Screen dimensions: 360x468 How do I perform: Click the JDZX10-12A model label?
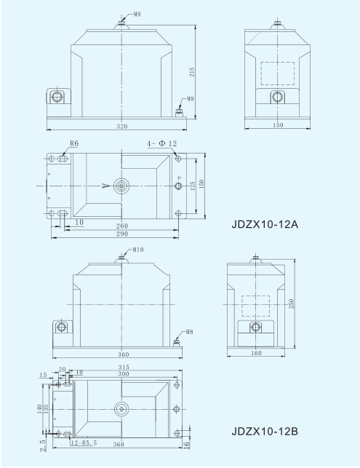tap(265, 224)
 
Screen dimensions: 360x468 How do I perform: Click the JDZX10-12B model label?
tap(265, 432)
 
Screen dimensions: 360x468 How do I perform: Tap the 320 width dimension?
tap(122, 126)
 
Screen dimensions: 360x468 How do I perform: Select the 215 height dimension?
tap(193, 72)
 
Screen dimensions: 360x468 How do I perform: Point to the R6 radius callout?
tap(74, 143)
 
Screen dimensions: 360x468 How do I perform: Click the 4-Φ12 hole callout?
tap(161, 143)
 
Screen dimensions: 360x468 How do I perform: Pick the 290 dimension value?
tap(122, 234)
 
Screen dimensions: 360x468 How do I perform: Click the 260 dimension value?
tap(122, 226)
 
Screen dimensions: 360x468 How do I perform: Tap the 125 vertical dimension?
tap(193, 186)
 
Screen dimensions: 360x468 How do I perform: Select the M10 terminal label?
tap(138, 250)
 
